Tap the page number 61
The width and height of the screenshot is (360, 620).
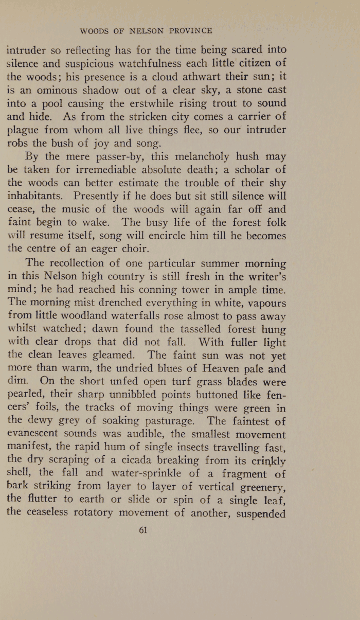point(143,532)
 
